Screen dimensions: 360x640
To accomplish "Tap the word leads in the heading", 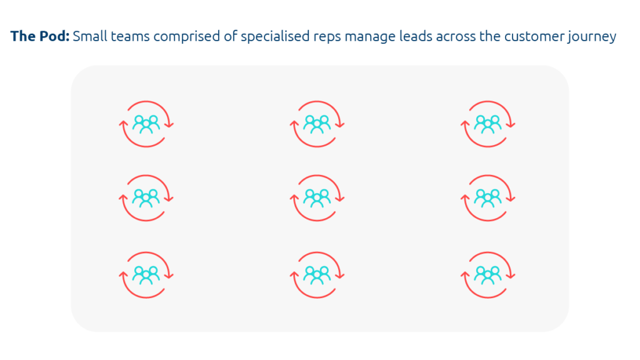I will pyautogui.click(x=416, y=36).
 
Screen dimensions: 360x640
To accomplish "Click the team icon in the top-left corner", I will pyautogui.click(x=146, y=124).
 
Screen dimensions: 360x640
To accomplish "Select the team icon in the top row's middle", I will pyautogui.click(x=317, y=124).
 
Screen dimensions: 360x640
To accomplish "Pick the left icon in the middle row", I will pyautogui.click(x=146, y=198).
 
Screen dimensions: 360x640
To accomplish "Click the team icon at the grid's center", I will pyautogui.click(x=317, y=198).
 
